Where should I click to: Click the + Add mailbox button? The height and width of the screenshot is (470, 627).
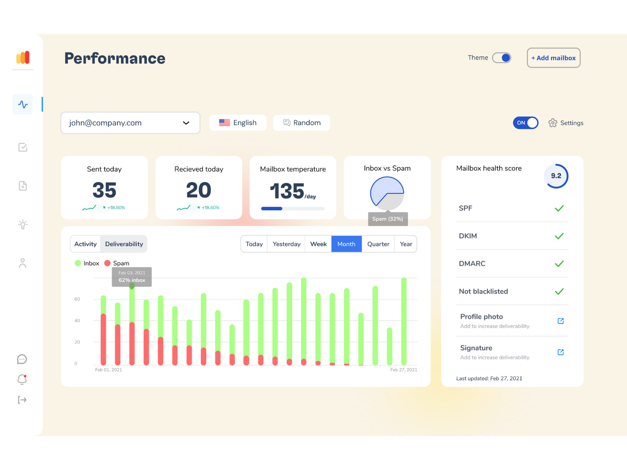(x=553, y=58)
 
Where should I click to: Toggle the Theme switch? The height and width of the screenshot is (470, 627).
(x=501, y=58)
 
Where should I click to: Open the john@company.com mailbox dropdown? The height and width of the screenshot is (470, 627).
(x=130, y=123)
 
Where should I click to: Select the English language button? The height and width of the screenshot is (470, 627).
(x=237, y=123)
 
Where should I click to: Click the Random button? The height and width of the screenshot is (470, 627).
(x=301, y=123)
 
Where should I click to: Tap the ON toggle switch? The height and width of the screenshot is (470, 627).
(x=526, y=123)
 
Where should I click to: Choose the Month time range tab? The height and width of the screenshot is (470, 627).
(x=346, y=244)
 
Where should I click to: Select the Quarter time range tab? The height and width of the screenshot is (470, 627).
(x=378, y=244)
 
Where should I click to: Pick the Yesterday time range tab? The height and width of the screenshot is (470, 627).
(x=286, y=244)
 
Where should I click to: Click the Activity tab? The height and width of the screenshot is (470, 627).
(x=85, y=244)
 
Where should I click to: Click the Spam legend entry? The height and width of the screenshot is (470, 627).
(x=117, y=263)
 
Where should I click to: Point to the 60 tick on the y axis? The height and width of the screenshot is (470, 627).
(x=77, y=299)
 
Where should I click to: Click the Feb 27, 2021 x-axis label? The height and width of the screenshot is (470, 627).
(x=404, y=370)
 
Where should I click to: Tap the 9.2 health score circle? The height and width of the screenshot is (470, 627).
(x=556, y=176)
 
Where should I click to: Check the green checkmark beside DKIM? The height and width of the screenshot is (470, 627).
(x=559, y=236)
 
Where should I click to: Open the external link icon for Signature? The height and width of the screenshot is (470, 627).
(x=560, y=352)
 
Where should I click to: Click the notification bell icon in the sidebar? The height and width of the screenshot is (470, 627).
(x=22, y=380)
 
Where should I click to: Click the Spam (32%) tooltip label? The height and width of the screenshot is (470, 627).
(x=388, y=219)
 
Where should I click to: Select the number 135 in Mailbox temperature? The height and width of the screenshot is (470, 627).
(x=287, y=191)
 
